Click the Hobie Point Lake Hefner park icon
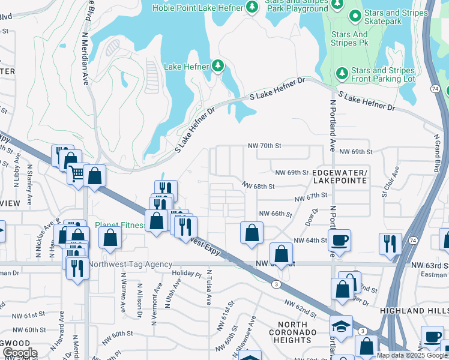(x=253, y=7)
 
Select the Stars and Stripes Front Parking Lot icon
(x=342, y=73)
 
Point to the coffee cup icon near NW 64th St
(x=340, y=240)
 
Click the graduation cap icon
(x=342, y=326)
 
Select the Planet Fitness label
(x=121, y=226)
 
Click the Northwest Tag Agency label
(x=130, y=264)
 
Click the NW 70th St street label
(x=265, y=146)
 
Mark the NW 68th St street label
(x=258, y=187)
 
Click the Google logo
(x=20, y=353)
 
